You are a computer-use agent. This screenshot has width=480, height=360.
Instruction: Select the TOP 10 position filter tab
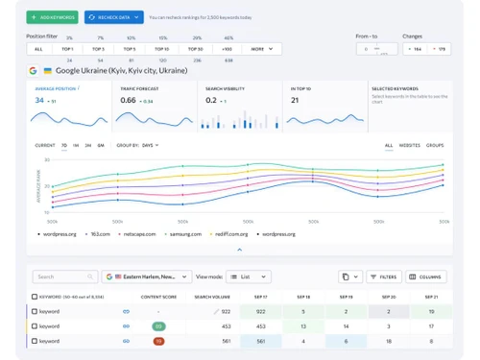point(161,48)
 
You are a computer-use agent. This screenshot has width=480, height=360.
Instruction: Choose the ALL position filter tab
point(38,48)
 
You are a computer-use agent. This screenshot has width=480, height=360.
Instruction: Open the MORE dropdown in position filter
point(259,48)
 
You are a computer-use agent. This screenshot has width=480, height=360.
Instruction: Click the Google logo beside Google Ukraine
point(34,70)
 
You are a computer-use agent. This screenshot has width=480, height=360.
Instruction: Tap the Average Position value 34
point(39,100)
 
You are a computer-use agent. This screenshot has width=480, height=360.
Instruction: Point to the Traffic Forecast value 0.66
point(128,100)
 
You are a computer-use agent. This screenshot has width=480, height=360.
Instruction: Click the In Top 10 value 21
point(296,100)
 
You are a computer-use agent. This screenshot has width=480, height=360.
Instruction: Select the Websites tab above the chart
point(409,145)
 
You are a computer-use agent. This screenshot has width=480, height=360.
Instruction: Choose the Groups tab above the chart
point(435,145)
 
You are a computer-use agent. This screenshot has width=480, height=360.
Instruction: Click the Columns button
point(426,276)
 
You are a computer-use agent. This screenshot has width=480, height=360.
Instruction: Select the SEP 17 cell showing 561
point(259,340)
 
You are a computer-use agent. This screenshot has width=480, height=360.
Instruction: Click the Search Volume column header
point(213,298)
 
